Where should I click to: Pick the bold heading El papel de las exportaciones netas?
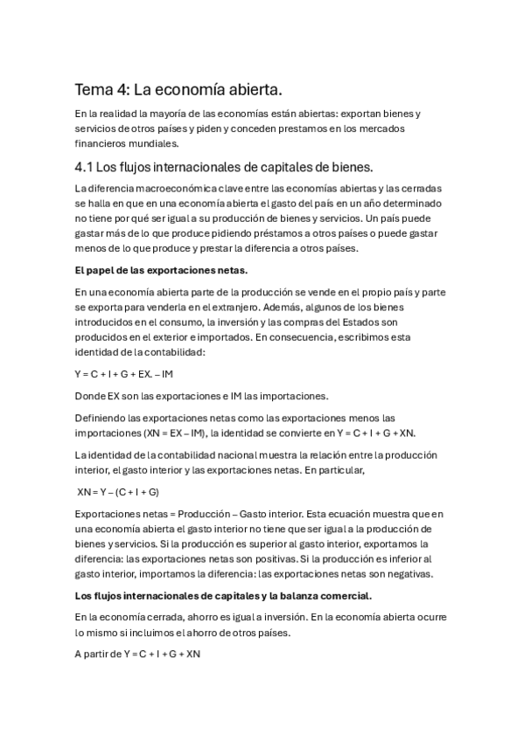pos(149,269)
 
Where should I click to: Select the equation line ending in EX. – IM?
pos(123,374)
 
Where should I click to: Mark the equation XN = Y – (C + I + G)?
pos(118,492)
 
